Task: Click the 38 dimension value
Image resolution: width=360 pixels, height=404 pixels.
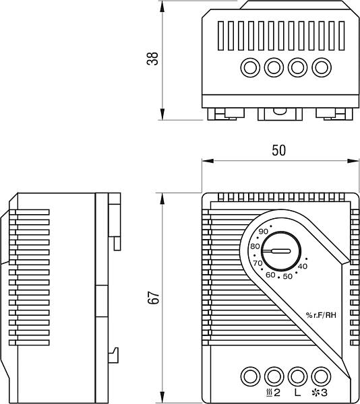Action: tap(152, 59)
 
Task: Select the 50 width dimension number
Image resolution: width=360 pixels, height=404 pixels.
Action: tap(279, 150)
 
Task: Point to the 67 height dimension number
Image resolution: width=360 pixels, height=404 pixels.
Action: tap(154, 298)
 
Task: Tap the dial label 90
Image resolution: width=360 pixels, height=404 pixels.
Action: tap(264, 232)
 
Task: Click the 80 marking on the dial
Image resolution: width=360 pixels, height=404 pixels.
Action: tap(255, 246)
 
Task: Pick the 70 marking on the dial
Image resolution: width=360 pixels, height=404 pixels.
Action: tap(258, 263)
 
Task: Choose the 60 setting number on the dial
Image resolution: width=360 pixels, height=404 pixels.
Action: tap(270, 275)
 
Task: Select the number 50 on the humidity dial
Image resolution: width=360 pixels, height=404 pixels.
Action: tap(288, 277)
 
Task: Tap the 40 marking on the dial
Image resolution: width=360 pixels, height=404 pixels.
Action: tap(303, 267)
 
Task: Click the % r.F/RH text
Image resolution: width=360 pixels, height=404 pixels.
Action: tap(321, 315)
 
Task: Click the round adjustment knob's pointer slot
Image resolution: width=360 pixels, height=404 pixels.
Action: tap(276, 251)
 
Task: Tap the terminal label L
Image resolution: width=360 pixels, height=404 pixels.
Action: tap(297, 393)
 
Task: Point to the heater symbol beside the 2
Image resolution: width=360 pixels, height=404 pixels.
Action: tap(269, 393)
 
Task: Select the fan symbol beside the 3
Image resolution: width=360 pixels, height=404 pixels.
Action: tap(316, 393)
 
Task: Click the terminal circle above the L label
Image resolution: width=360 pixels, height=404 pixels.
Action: tap(297, 376)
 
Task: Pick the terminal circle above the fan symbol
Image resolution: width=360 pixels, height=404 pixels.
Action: tap(322, 376)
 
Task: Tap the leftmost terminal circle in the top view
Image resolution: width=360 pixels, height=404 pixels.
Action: tap(250, 67)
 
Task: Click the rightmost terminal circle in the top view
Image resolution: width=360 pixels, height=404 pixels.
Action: tap(322, 67)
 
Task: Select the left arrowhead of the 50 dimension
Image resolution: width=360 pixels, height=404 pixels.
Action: tap(208, 161)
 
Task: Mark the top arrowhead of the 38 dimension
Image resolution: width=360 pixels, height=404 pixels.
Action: tap(162, 7)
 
